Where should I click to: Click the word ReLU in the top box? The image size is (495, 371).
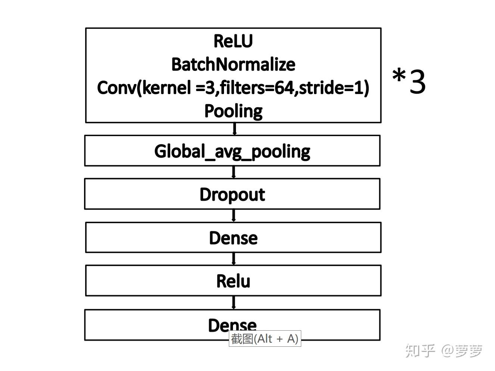pyautogui.click(x=233, y=41)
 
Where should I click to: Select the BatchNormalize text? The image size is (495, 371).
pyautogui.click(x=233, y=65)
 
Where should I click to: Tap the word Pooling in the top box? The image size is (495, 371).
pyautogui.click(x=233, y=111)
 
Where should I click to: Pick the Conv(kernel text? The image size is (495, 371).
pyautogui.click(x=144, y=88)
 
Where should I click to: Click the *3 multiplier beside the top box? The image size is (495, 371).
pyautogui.click(x=409, y=81)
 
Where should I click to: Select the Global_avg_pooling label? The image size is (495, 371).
pyautogui.click(x=232, y=152)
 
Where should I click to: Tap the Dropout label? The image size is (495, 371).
pyautogui.click(x=232, y=194)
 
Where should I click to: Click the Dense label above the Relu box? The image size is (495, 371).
pyautogui.click(x=233, y=238)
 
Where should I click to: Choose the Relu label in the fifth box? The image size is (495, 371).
pyautogui.click(x=233, y=281)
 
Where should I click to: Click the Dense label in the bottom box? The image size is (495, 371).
pyautogui.click(x=232, y=324)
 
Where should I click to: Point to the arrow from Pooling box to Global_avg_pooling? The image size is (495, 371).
pyautogui.click(x=234, y=129)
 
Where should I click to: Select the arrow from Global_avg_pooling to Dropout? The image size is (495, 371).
pyautogui.click(x=234, y=172)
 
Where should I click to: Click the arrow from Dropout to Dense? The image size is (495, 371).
pyautogui.click(x=234, y=215)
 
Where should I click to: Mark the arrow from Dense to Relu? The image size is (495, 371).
pyautogui.click(x=234, y=259)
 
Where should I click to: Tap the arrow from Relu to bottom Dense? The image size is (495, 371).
pyautogui.click(x=234, y=302)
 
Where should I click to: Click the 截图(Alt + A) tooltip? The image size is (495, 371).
pyautogui.click(x=265, y=339)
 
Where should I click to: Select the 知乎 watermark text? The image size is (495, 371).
pyautogui.click(x=420, y=350)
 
